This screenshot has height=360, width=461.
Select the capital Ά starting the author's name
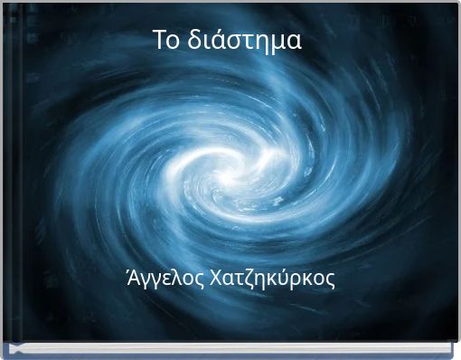click(x=139, y=278)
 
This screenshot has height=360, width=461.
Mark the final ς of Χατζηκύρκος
click(x=330, y=280)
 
